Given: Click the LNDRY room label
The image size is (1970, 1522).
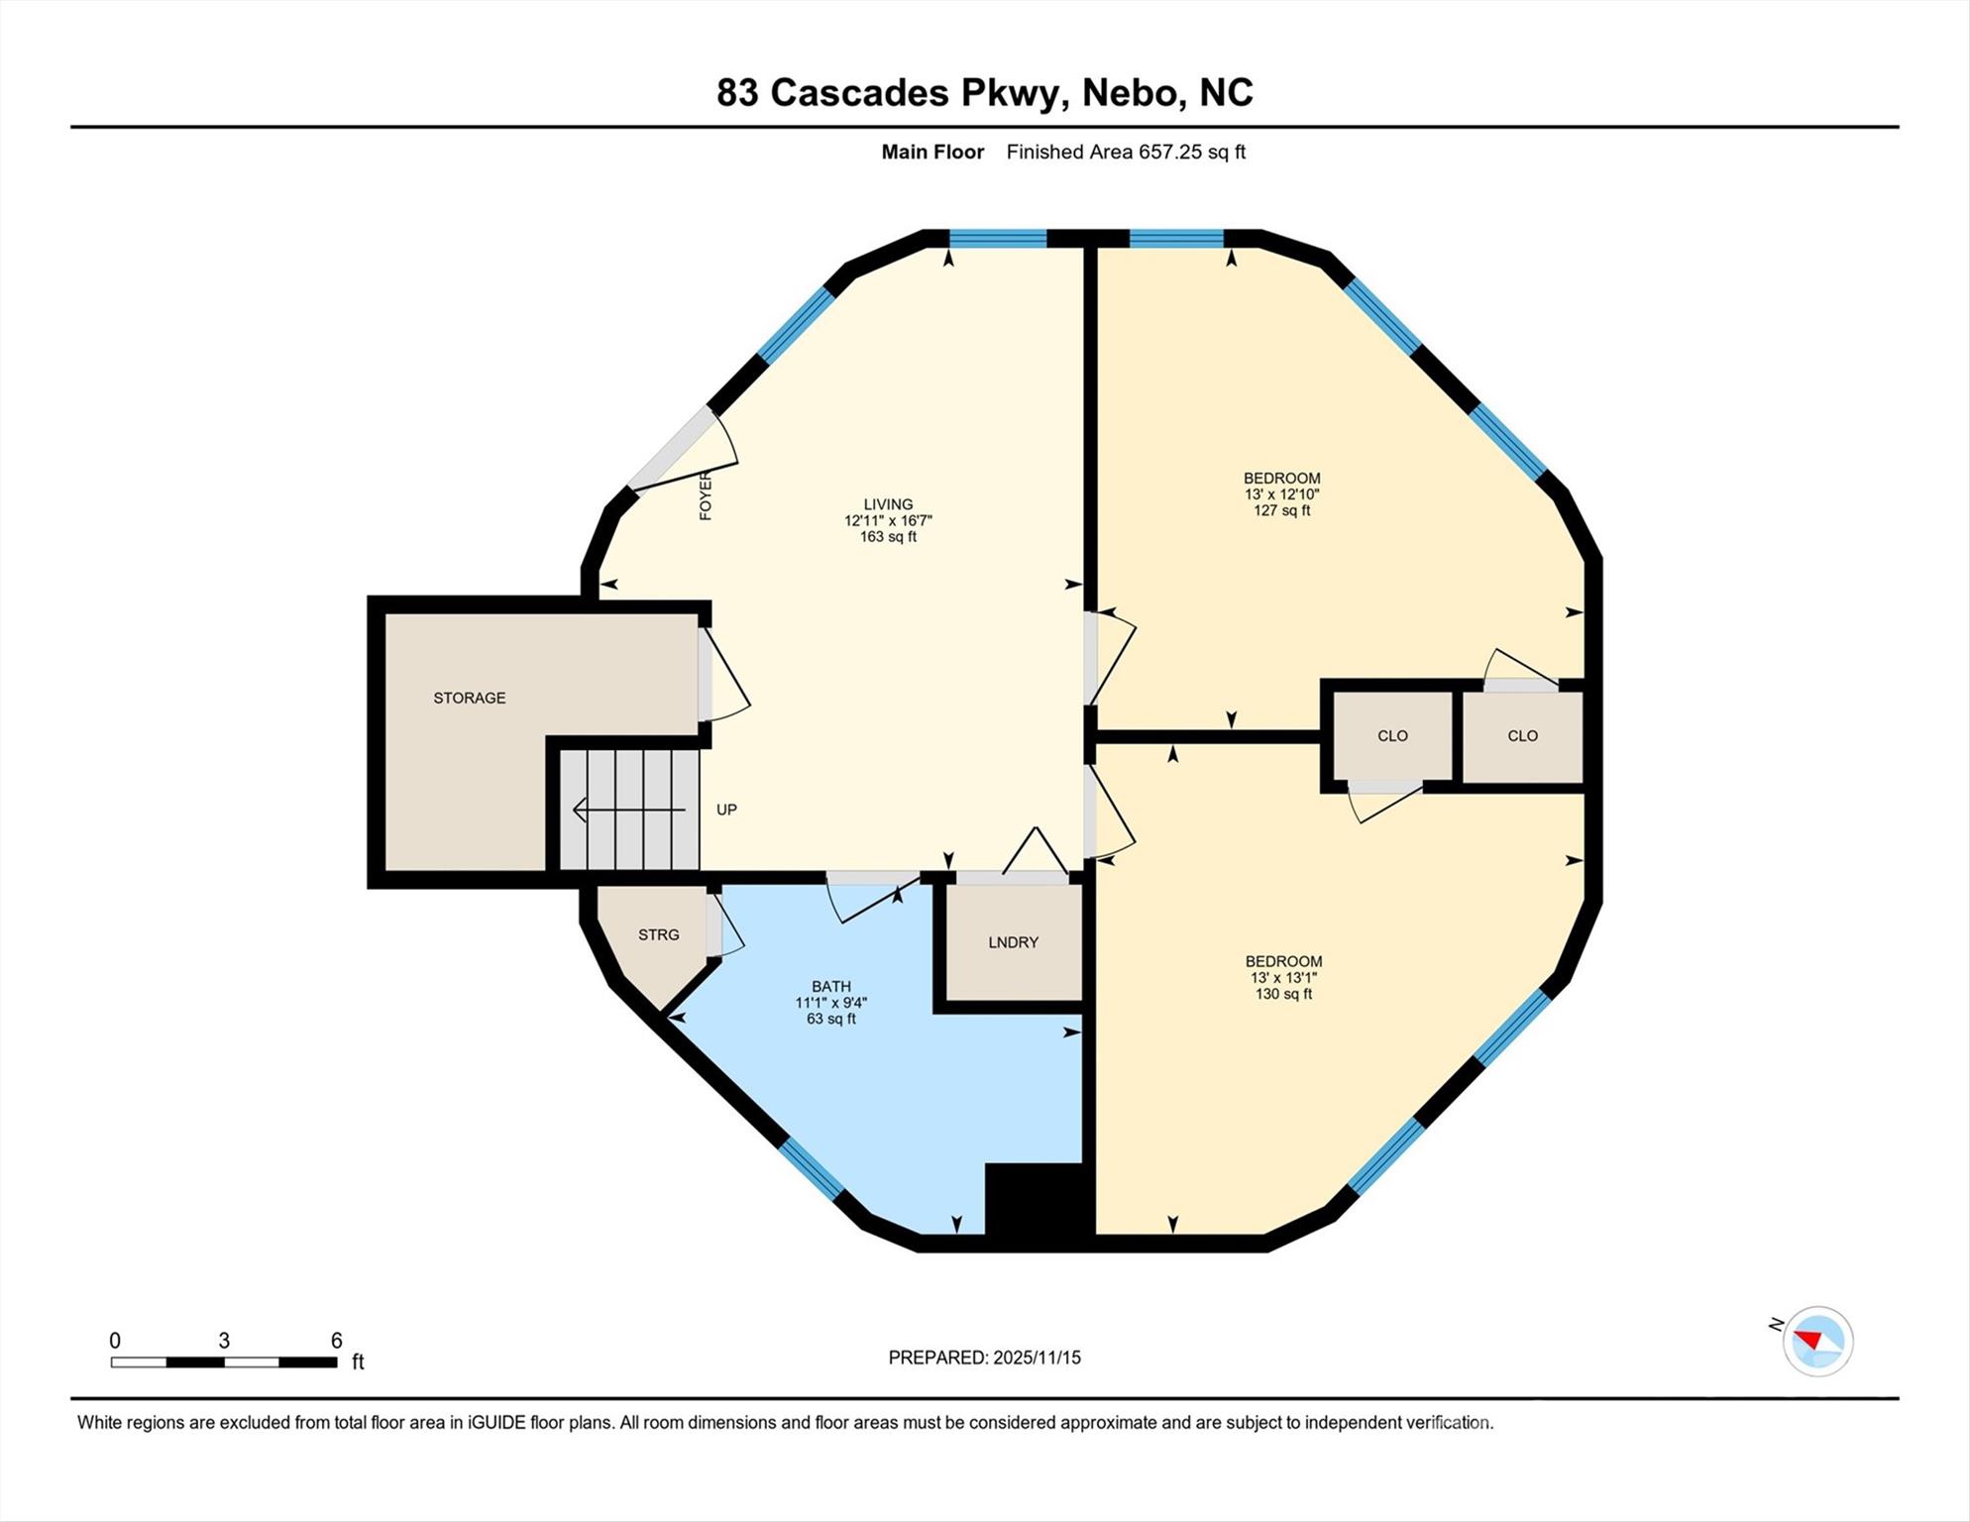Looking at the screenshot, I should click(x=1013, y=942).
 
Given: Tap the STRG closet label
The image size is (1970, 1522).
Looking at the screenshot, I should click(x=658, y=934).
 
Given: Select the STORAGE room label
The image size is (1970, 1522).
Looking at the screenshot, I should click(x=469, y=698).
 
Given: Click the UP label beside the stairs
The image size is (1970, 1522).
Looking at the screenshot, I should click(x=726, y=810).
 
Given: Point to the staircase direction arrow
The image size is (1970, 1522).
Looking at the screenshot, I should click(x=628, y=811).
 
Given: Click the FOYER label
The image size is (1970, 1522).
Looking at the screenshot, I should click(x=706, y=495).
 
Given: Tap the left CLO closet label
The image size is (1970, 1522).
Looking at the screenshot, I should click(x=1392, y=735).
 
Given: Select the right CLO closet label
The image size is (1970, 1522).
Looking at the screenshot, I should click(x=1522, y=735).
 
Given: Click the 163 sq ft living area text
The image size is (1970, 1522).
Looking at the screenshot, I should click(x=888, y=537).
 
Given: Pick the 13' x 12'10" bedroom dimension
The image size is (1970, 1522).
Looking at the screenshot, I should click(x=1281, y=493).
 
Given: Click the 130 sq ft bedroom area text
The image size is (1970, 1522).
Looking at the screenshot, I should click(x=1283, y=994).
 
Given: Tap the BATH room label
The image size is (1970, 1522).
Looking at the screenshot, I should click(x=830, y=986).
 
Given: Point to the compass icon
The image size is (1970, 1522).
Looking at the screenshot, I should click(x=1817, y=1342).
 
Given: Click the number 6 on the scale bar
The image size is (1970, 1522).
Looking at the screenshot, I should click(x=336, y=1341).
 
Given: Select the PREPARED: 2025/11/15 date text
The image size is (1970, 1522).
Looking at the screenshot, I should click(x=984, y=1358).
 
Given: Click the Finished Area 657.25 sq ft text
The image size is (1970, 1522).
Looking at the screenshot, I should click(x=1126, y=152).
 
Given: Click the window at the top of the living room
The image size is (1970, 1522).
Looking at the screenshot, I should click(x=998, y=238).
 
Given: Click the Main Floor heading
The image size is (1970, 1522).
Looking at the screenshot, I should click(x=932, y=152).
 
